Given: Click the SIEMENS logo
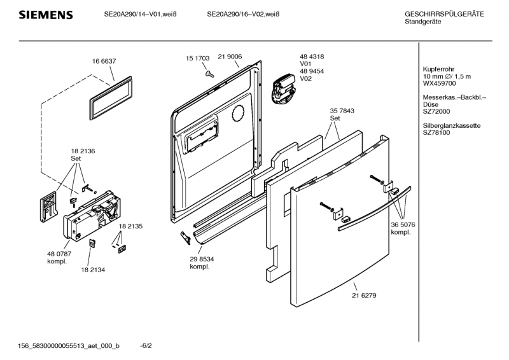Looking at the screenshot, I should [x=45, y=15].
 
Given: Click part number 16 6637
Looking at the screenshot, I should [x=104, y=60].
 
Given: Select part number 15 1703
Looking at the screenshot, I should [x=198, y=59].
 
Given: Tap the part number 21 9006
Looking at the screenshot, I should [x=230, y=59].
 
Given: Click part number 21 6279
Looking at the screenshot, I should [x=363, y=294].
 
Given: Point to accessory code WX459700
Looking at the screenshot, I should [x=439, y=83].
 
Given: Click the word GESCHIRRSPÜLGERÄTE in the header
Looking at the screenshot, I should [x=444, y=15].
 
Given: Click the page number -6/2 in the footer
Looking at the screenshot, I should [x=146, y=346].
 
